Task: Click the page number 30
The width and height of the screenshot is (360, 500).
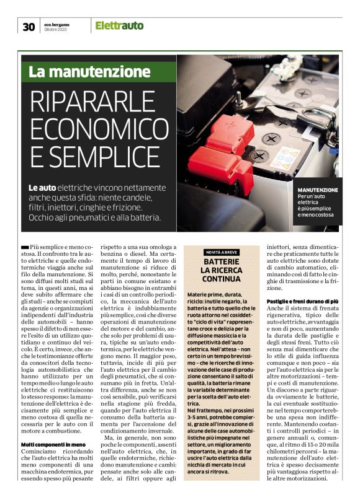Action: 29,26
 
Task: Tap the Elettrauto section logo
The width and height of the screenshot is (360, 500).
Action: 119,25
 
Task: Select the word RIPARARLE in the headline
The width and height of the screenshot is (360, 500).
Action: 97,100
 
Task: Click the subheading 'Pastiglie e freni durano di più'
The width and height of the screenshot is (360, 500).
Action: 302,300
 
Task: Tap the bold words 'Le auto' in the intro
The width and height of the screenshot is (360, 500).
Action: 43,188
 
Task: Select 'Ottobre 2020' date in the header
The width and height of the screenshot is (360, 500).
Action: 54,29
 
